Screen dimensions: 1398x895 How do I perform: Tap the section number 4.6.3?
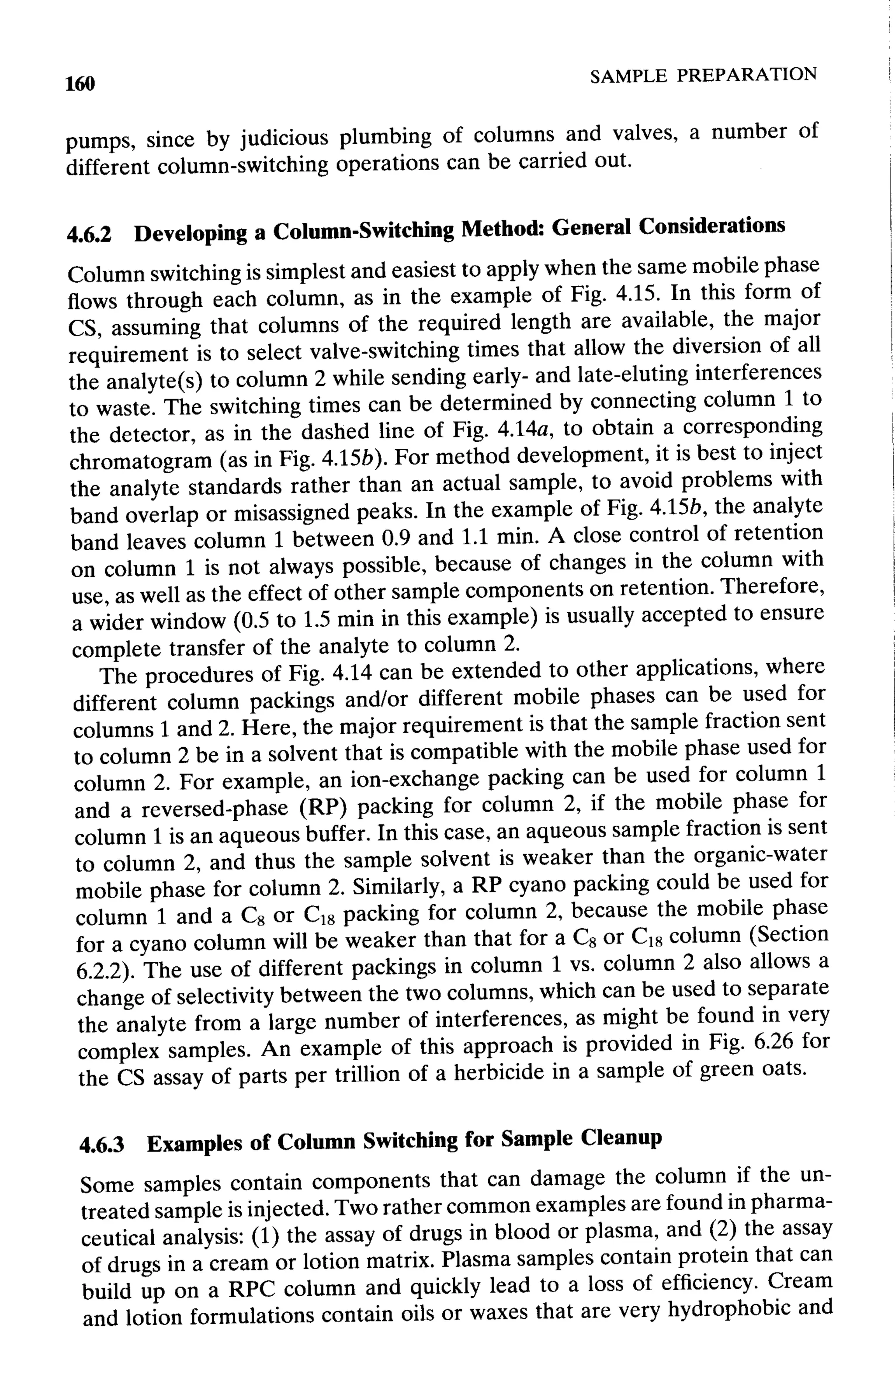pos(102,1145)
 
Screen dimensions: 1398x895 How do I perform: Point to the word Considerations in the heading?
pos(711,226)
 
